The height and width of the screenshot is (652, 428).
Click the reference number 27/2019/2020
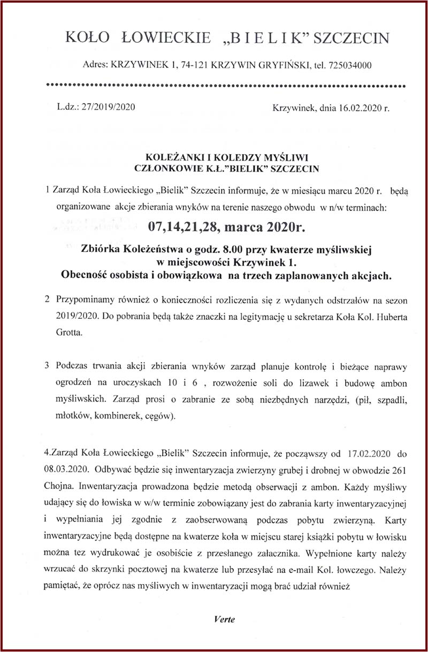point(107,106)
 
